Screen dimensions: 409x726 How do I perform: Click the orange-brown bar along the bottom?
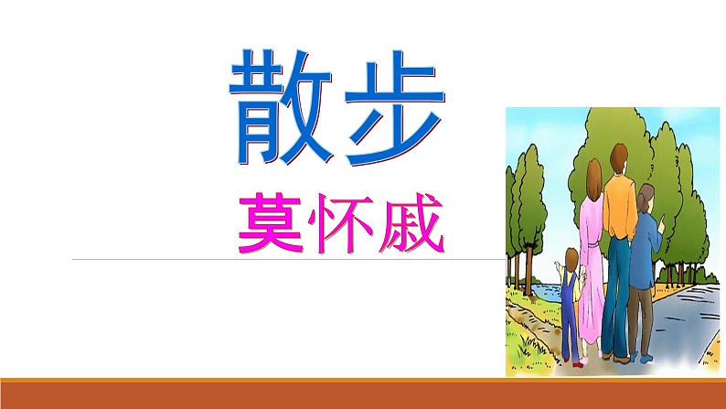363,395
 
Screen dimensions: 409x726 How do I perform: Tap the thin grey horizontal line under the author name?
274,259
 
